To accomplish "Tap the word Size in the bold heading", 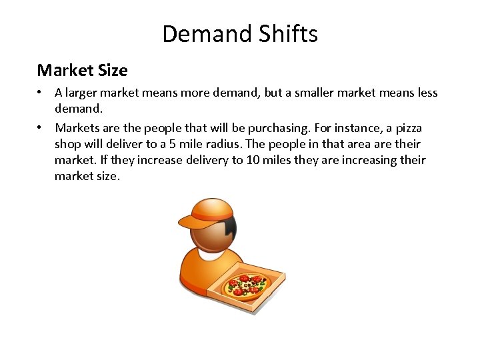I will pos(111,70).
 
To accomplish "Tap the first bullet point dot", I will pos(41,93).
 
